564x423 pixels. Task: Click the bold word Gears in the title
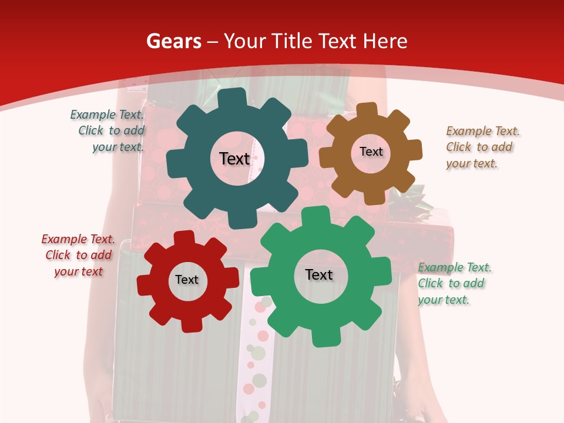[x=173, y=41]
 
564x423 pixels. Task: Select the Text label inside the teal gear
[x=234, y=159]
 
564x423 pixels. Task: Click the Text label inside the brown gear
[x=371, y=152]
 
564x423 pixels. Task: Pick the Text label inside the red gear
[x=186, y=280]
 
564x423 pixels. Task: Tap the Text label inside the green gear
[x=319, y=274]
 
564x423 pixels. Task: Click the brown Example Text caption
[x=482, y=147]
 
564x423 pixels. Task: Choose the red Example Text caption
[x=78, y=256]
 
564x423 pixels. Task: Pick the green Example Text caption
[x=454, y=284]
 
